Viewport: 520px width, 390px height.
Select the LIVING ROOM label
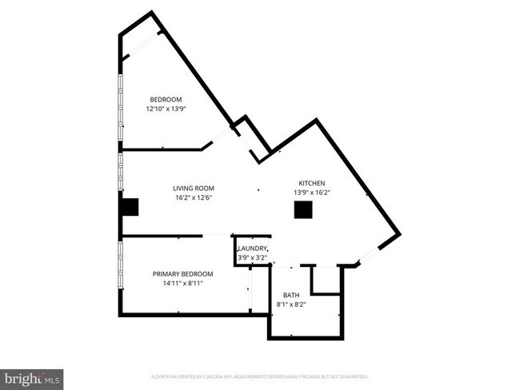193,189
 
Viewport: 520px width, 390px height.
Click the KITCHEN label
313,182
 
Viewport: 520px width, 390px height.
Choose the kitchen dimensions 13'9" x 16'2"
313,192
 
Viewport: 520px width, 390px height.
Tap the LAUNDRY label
252,249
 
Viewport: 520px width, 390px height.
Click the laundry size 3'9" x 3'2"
252,257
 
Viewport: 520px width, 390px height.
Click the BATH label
290,295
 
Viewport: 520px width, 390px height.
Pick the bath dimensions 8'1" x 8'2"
290,304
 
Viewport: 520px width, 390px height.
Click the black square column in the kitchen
303,209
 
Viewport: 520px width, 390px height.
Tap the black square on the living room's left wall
129,207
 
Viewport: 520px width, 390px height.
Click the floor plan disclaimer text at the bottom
260,376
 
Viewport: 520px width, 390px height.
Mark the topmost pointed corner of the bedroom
150,13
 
